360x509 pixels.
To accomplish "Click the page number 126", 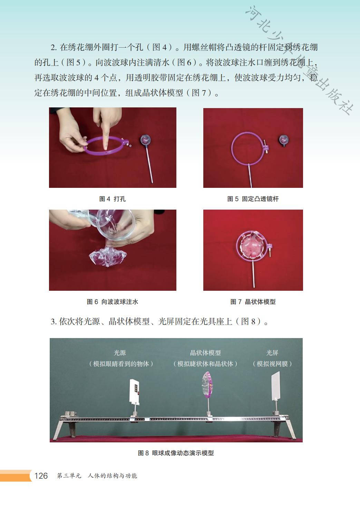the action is (x=41, y=476).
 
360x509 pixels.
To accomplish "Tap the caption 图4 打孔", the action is (x=113, y=199).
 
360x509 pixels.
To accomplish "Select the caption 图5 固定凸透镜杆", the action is (x=253, y=199).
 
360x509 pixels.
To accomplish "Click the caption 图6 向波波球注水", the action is (x=113, y=302).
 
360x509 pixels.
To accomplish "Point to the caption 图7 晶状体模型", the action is (x=253, y=302).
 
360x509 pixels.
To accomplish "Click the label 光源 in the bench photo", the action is (x=120, y=353).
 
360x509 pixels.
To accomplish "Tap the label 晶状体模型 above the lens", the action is (x=205, y=353).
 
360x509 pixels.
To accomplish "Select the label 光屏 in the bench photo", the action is (x=272, y=353).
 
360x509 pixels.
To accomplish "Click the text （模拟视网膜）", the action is (x=272, y=364).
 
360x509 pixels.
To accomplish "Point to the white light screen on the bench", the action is (x=276, y=386).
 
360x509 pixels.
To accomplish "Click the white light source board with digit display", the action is (x=134, y=391).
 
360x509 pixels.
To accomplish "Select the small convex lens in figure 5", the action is (x=284, y=140).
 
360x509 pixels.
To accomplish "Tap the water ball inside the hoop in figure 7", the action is (x=251, y=246).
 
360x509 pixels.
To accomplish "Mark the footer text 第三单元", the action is (x=69, y=476).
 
